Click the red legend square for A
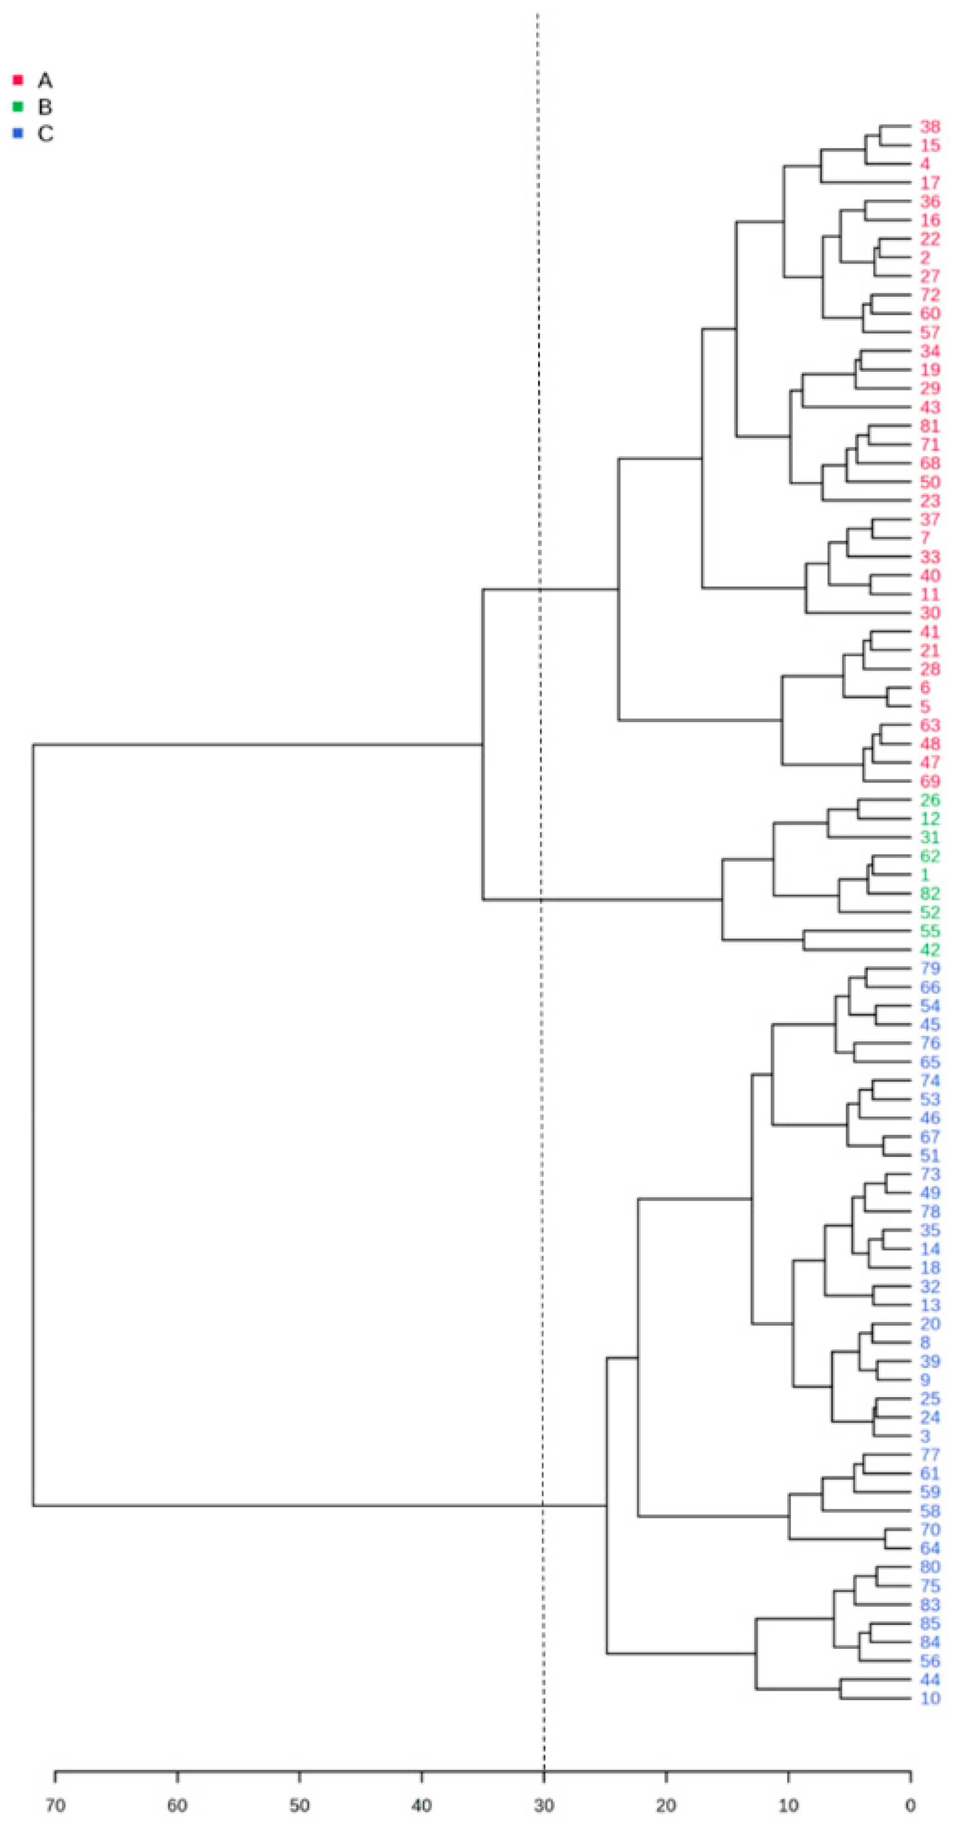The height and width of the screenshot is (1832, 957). [19, 79]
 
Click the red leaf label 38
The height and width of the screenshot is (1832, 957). [929, 127]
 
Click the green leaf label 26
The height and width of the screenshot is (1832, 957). [929, 800]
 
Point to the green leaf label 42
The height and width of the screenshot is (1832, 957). [929, 950]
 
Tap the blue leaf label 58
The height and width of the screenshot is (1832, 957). [929, 1511]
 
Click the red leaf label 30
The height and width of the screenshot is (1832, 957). [929, 613]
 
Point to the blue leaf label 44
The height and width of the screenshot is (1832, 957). [929, 1680]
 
